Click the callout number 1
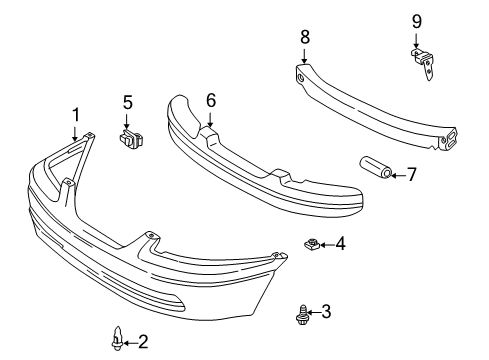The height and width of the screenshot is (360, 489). coord(76,115)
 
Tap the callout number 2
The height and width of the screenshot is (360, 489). coord(143,342)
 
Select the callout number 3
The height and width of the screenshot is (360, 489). coord(326,312)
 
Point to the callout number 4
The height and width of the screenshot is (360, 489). coord(340,244)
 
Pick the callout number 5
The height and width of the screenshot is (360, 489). coord(128,102)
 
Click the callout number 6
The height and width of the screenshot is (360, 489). coord(211,100)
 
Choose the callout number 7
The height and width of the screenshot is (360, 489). coord(412,174)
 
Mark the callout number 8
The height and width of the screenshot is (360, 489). coord(305,37)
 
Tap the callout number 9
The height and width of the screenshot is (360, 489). coord(417,22)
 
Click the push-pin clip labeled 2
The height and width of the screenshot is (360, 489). coord(116,338)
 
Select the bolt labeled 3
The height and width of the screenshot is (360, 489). coord(302,315)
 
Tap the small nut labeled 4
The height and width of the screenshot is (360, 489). coord(312,244)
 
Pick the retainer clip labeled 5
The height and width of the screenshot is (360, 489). coord(131,139)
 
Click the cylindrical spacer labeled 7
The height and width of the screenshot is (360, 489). coord(375,168)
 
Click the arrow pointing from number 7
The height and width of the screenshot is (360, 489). coord(398,175)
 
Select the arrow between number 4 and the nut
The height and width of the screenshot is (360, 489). coord(327,245)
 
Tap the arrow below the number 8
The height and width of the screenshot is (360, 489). coord(304,56)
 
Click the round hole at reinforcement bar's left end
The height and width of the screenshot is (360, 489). coord(301,79)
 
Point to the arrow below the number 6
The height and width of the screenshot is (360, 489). coord(210,119)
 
